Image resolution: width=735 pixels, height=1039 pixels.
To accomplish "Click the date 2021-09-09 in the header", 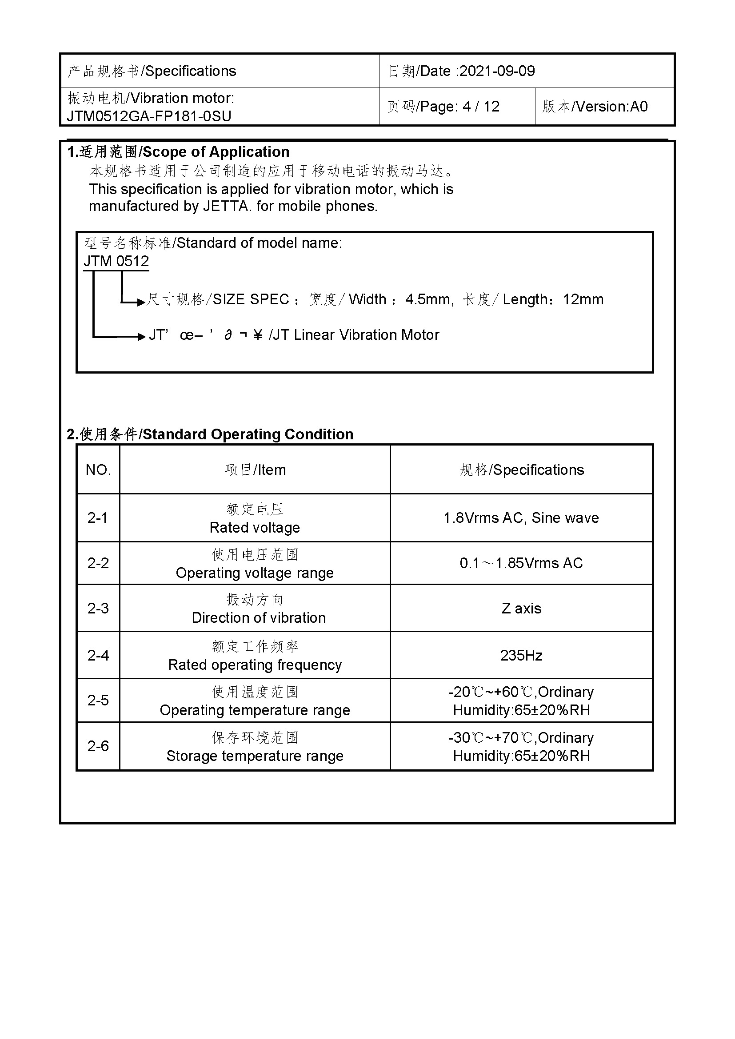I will (497, 71).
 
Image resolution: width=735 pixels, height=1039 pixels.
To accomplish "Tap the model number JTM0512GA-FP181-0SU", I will (149, 116).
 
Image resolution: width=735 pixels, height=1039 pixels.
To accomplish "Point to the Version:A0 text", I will (611, 107).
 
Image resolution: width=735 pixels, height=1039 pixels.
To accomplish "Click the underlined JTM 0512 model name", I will (116, 261).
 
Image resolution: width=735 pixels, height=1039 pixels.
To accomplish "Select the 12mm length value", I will (583, 299).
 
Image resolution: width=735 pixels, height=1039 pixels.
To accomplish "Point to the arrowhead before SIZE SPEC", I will (141, 302).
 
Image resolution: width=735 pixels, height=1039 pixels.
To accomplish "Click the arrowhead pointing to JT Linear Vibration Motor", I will (141, 337).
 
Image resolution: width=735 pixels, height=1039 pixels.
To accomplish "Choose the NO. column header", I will (98, 470).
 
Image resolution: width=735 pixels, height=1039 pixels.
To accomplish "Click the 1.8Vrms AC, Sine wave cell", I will (521, 518).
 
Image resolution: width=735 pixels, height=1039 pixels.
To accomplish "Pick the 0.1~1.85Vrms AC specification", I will (521, 563).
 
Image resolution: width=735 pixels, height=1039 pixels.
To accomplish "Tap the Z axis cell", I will (521, 608).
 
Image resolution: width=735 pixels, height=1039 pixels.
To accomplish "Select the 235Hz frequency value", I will (521, 655).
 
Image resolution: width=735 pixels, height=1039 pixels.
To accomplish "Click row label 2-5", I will (98, 700).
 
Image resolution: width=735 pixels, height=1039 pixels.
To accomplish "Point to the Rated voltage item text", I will (255, 528).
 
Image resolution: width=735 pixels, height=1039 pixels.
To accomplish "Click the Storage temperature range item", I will (255, 756).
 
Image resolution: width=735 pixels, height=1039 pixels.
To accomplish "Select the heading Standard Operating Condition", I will (248, 434).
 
